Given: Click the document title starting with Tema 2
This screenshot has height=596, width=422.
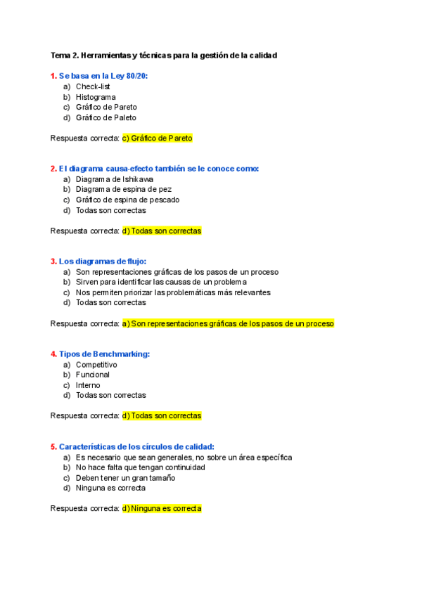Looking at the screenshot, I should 164,55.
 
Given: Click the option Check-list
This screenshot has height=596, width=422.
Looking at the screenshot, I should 93,86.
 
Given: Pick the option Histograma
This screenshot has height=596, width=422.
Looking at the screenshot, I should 96,97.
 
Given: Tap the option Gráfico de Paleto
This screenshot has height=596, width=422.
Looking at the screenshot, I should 106,117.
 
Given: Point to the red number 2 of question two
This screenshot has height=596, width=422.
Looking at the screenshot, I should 53,169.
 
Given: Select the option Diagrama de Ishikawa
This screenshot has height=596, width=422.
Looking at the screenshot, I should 114,179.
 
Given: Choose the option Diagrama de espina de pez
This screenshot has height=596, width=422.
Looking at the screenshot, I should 123,189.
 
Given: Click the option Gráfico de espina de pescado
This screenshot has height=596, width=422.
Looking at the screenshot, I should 127,200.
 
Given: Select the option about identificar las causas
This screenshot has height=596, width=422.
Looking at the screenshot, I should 161,282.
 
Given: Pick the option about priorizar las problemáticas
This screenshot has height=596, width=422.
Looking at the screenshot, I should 173,292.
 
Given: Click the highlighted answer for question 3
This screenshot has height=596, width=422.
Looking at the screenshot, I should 228,323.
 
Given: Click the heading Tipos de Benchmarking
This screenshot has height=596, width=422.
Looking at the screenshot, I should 104,354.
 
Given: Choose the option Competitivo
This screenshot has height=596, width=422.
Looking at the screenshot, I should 96,365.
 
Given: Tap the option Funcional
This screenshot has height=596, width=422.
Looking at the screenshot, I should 93,375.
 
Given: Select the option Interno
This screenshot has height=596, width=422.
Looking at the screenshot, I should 88,385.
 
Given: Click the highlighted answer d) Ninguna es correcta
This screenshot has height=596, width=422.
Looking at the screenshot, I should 162,508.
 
